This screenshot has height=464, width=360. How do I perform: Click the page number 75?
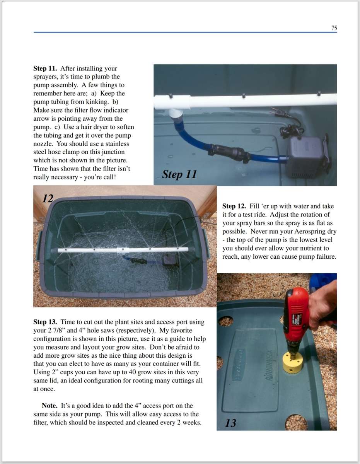pyautogui.click(x=334, y=28)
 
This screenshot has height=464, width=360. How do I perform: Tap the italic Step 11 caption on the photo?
pyautogui.click(x=179, y=174)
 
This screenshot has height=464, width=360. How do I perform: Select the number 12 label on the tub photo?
pyautogui.click(x=48, y=199)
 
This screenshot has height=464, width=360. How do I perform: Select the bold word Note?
pyautogui.click(x=49, y=406)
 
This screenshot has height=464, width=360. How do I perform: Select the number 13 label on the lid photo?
pyautogui.click(x=230, y=423)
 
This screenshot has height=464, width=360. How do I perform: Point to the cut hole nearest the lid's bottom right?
pyautogui.click(x=296, y=422)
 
